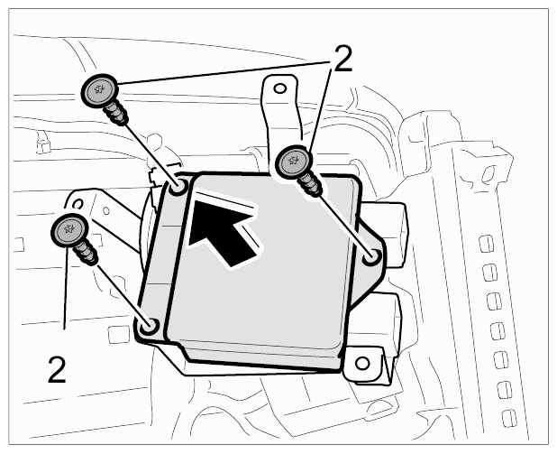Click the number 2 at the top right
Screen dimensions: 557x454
pyautogui.click(x=341, y=58)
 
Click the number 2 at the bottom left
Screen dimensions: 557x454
pyautogui.click(x=57, y=370)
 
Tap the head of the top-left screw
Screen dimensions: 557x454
pyautogui.click(x=99, y=91)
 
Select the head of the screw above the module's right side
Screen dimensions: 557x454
pyautogui.click(x=294, y=162)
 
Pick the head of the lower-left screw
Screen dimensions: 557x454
pyautogui.click(x=69, y=230)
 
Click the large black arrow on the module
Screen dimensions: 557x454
pyautogui.click(x=224, y=232)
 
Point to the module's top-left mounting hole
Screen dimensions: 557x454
pyautogui.click(x=178, y=186)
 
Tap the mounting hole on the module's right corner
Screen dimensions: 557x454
pyautogui.click(x=371, y=256)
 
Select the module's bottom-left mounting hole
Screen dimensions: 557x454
pyautogui.click(x=149, y=326)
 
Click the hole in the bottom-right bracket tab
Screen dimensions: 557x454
pyautogui.click(x=362, y=363)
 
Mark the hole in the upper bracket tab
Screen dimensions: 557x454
pyautogui.click(x=280, y=88)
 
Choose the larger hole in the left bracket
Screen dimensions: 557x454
pyautogui.click(x=78, y=204)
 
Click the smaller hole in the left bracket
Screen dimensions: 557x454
pyautogui.click(x=106, y=210)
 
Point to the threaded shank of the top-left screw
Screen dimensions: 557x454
pyautogui.click(x=115, y=113)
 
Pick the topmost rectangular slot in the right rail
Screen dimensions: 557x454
pyautogui.click(x=487, y=244)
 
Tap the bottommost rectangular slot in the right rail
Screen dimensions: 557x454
pyautogui.click(x=509, y=418)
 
